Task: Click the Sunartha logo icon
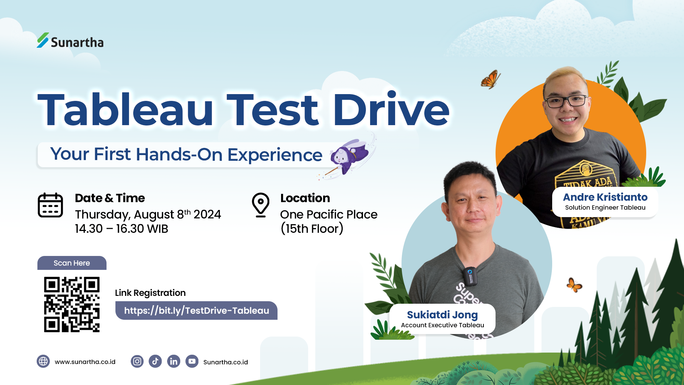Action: click(x=43, y=40)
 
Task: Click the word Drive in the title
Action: click(x=391, y=109)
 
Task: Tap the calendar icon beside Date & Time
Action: click(x=50, y=205)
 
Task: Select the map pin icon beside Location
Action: click(x=261, y=205)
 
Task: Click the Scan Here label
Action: click(x=72, y=263)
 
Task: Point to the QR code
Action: click(x=72, y=304)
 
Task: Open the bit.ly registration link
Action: click(x=196, y=310)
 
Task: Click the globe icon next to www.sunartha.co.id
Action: click(x=43, y=361)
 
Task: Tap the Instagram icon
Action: click(x=137, y=361)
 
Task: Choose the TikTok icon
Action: click(x=155, y=361)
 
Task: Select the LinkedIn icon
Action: click(x=173, y=361)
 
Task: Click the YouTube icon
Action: click(x=192, y=361)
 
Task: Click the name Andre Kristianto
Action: click(x=605, y=197)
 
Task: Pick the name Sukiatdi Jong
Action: click(x=442, y=315)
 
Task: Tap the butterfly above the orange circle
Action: click(x=491, y=79)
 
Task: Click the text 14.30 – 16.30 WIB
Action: click(x=121, y=229)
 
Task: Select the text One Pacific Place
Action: click(x=328, y=215)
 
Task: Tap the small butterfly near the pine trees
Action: click(x=574, y=285)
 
